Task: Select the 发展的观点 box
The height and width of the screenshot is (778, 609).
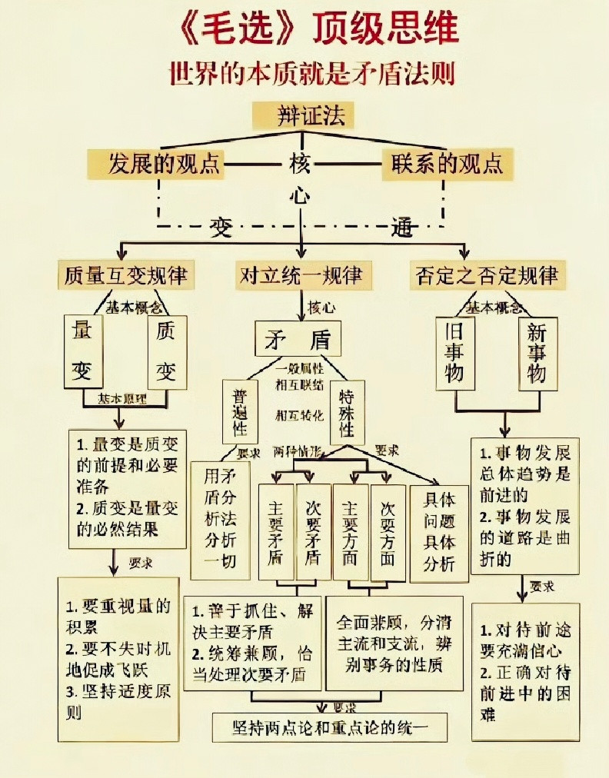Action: (155, 164)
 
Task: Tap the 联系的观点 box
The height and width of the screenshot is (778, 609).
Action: (448, 164)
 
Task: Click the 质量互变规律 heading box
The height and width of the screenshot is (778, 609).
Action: (126, 274)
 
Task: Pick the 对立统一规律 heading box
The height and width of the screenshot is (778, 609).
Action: (301, 274)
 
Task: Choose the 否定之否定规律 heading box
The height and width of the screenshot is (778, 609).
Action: (487, 274)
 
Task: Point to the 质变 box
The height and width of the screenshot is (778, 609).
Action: (166, 351)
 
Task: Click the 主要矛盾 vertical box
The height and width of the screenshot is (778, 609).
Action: (275, 533)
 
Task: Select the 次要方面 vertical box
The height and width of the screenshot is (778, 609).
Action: (388, 533)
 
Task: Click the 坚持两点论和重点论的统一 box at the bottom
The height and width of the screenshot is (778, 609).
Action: (330, 726)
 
